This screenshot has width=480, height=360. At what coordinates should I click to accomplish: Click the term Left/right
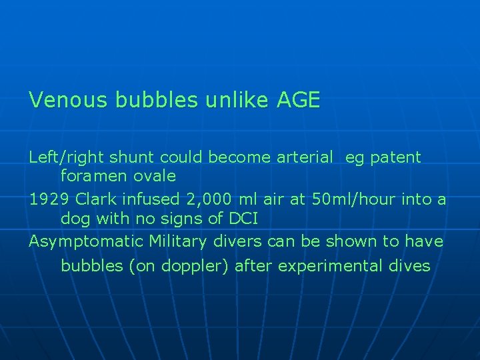(x=65, y=158)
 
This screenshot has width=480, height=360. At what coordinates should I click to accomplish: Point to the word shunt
(x=127, y=158)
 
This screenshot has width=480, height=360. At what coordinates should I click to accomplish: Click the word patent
(x=395, y=158)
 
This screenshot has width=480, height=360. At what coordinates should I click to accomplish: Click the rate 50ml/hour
(x=349, y=199)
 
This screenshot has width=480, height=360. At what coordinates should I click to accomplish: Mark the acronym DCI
(x=242, y=218)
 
